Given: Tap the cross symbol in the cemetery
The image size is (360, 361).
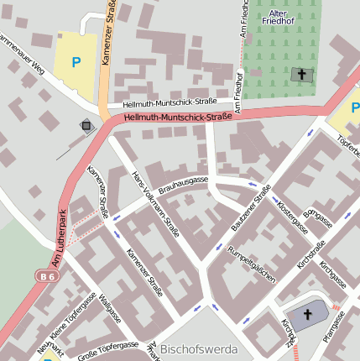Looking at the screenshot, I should click(301, 75).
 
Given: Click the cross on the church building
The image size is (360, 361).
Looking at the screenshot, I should click(307, 315).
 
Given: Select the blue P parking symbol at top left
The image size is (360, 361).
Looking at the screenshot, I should click(76, 61).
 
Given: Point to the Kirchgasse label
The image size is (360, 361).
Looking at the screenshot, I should click(332, 275).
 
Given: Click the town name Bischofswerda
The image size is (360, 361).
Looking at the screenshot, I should click(199, 348).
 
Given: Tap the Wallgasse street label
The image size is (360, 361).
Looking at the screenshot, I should click(110, 308).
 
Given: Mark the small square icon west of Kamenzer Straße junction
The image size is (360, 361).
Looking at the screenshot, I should click(86, 126).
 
